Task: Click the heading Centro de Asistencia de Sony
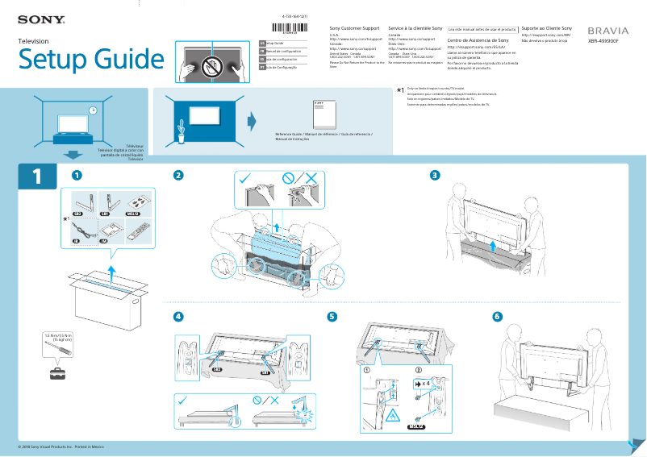point(478,39)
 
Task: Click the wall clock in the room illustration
point(93,110)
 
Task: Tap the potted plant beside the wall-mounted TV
point(182,130)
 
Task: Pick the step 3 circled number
point(435,175)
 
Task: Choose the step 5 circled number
point(332,316)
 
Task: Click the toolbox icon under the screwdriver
point(58,373)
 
